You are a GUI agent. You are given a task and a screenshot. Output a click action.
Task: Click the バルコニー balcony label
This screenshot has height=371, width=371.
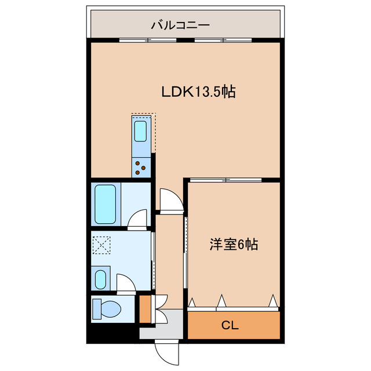tap(180, 26)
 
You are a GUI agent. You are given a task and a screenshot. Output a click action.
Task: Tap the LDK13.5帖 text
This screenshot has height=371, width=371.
tap(198, 92)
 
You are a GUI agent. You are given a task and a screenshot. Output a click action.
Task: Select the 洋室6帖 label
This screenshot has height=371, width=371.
tap(233, 245)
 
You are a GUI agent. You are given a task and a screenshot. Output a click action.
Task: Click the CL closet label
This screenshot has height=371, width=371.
tap(230, 326)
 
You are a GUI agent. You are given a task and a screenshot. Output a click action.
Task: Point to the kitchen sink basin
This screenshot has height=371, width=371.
tap(140, 131)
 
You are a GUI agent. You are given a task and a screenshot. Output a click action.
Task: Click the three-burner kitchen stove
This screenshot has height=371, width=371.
tap(141, 168)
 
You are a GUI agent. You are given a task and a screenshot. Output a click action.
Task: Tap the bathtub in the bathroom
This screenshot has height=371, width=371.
tap(106, 204)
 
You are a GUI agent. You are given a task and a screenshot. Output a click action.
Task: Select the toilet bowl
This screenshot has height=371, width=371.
tap(107, 309)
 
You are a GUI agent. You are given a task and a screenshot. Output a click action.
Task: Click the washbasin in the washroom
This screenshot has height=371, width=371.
tap(100, 279)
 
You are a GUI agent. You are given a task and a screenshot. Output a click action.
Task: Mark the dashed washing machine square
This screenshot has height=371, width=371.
tap(101, 245)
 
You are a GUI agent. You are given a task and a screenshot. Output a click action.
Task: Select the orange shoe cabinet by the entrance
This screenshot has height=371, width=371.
tap(145, 309)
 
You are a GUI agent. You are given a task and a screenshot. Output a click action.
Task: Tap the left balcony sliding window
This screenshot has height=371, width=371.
tap(148, 40)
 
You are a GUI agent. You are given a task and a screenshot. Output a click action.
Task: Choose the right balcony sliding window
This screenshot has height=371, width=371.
tap(223, 40)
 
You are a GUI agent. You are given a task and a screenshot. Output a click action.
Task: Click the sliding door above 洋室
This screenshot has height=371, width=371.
tap(225, 180)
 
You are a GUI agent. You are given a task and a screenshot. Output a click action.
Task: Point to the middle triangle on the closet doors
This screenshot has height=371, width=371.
tap(221, 300)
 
